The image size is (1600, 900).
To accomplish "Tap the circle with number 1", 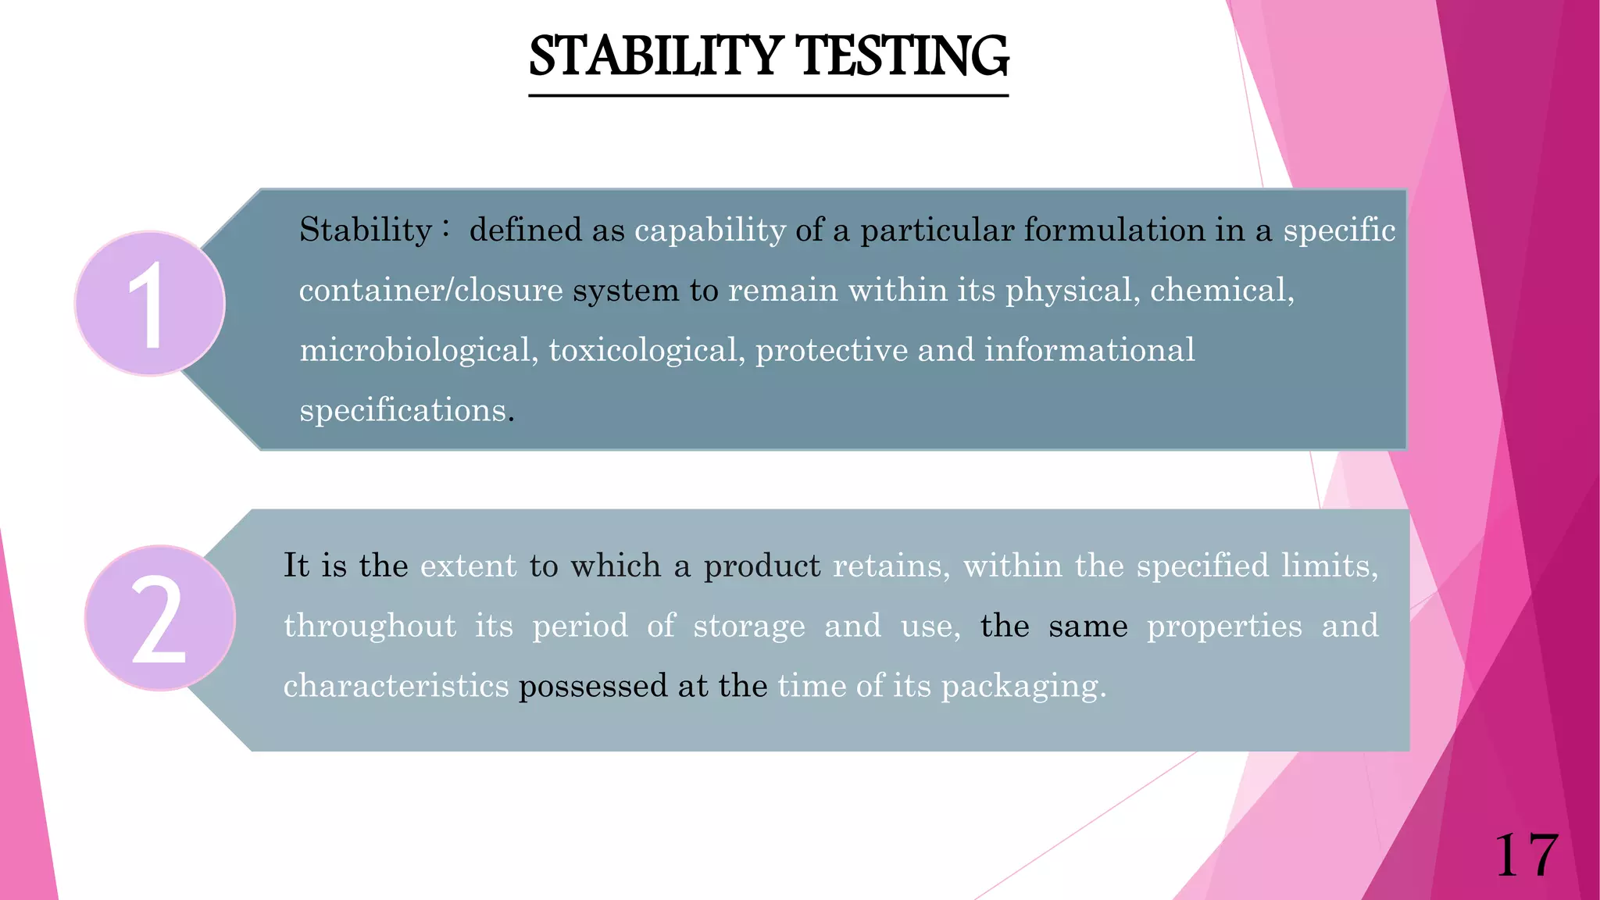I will pos(150,304).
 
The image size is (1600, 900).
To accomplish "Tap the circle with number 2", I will pos(160,618).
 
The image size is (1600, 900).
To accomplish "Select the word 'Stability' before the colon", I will pos(366,230).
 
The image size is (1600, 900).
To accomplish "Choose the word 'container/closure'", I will pos(430,290).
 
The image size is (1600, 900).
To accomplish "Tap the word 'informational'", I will pos(1090,350).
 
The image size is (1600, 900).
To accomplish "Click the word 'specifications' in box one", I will pos(403,410).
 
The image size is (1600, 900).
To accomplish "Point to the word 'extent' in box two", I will pos(469,566).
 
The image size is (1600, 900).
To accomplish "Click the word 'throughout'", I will pos(370,626).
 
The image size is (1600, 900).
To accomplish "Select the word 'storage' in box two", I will pos(749,626).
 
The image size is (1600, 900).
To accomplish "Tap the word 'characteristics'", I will pos(396,686).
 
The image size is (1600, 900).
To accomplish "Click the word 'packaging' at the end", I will pos(1023,686).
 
